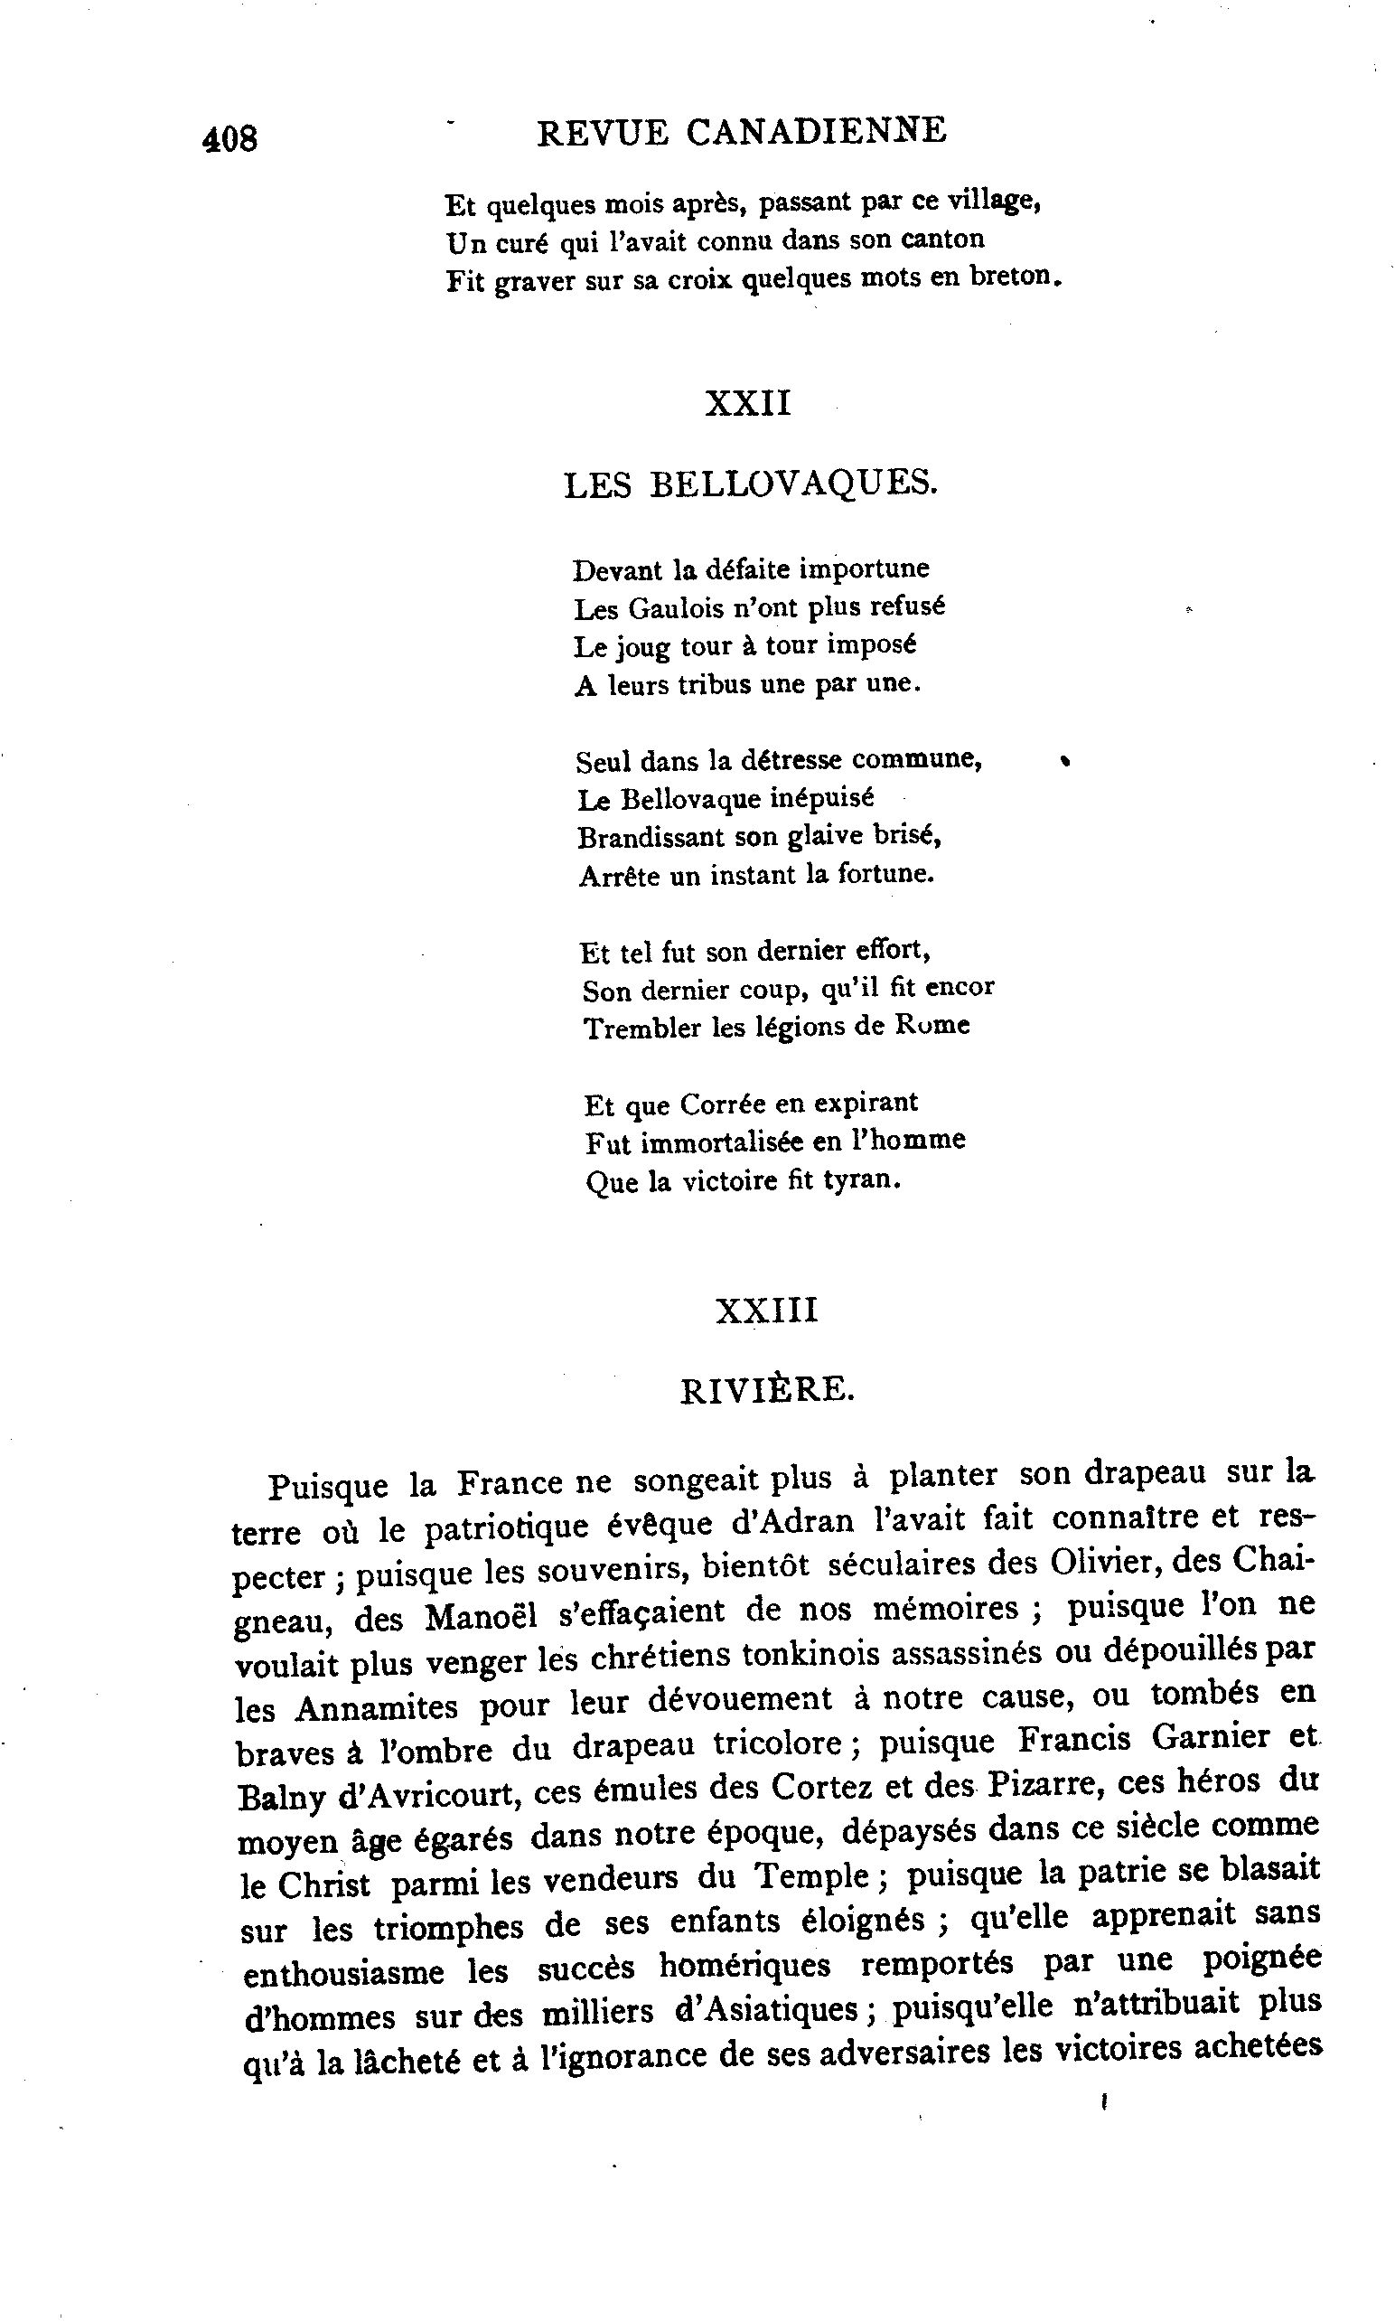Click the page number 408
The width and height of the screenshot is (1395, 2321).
click(229, 139)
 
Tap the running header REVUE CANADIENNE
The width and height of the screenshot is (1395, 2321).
click(741, 132)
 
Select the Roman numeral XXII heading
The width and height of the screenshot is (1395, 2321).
click(748, 403)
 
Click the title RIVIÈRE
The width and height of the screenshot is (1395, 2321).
click(767, 1390)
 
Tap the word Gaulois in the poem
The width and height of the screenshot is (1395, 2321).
click(673, 609)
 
